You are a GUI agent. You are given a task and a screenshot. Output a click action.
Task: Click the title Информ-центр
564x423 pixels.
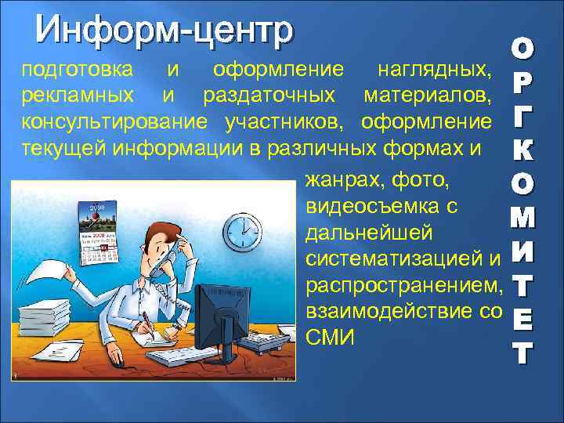tap(164, 31)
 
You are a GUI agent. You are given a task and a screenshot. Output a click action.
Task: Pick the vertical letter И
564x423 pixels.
tap(522, 251)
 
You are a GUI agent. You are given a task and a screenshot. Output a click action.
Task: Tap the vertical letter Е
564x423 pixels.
tap(522, 317)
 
